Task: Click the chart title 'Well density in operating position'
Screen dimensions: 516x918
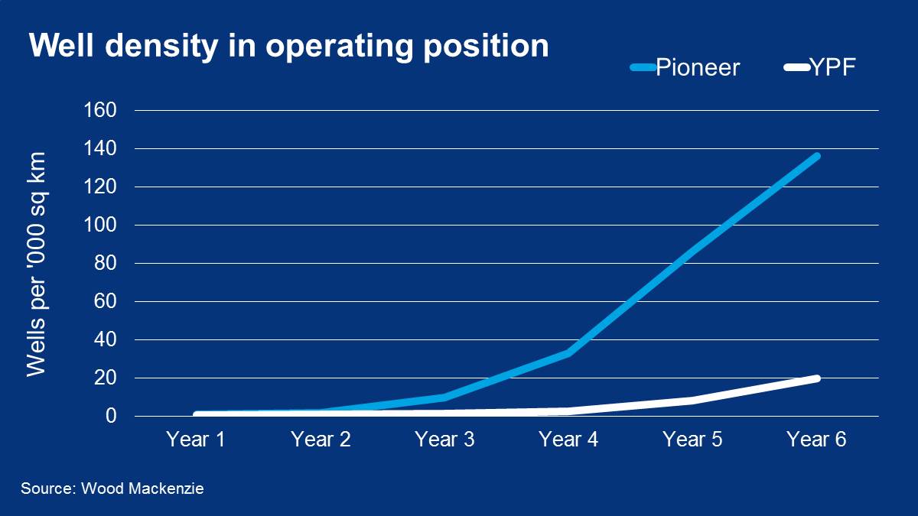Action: click(289, 46)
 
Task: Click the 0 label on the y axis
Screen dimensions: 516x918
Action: click(111, 417)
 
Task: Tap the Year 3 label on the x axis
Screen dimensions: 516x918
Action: click(444, 440)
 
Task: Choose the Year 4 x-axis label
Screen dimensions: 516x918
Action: click(568, 440)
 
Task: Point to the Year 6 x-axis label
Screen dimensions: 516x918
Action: click(816, 440)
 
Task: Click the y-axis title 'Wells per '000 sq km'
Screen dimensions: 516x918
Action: click(37, 264)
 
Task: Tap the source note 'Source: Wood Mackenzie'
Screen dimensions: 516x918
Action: click(112, 488)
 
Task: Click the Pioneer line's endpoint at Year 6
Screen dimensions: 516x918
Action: click(816, 156)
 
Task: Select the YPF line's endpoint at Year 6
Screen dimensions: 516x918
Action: click(816, 378)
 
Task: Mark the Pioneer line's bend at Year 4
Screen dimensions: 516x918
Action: click(568, 352)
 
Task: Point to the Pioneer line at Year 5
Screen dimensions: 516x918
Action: click(692, 250)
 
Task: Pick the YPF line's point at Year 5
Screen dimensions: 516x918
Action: click(692, 400)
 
